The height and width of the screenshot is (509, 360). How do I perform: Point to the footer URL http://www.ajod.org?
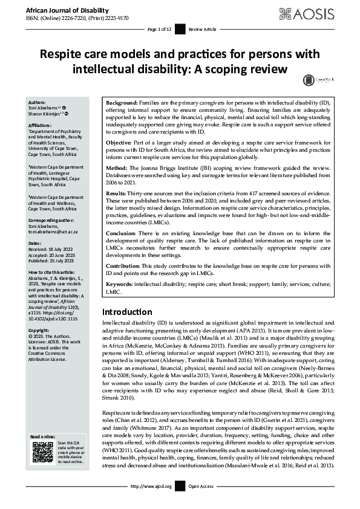pos(155,486)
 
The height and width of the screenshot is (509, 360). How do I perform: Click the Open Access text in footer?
pos(201,486)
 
